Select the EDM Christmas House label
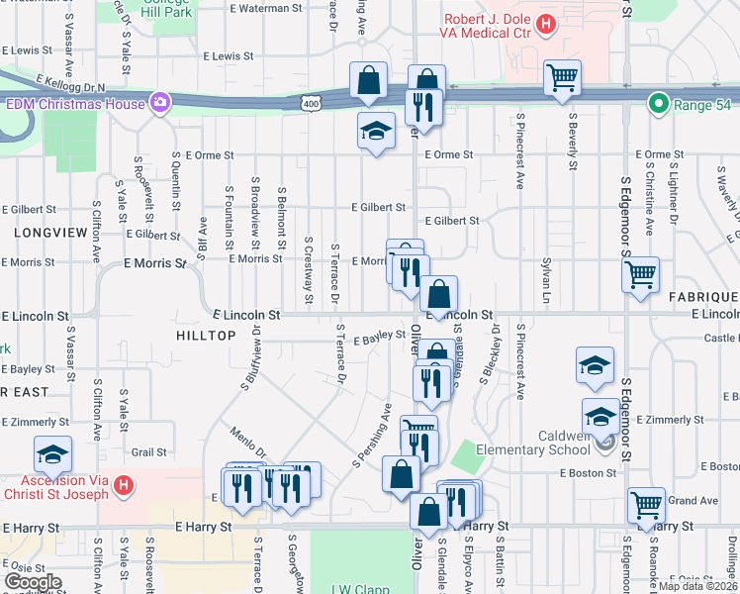click(x=74, y=103)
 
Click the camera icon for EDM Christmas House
click(x=159, y=103)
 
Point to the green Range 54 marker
click(x=655, y=103)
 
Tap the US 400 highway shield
click(x=312, y=103)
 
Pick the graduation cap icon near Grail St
click(x=52, y=454)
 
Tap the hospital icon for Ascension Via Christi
click(x=124, y=486)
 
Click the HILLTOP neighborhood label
click(x=206, y=336)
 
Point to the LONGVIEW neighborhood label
click(x=44, y=231)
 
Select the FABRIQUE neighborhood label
click(x=702, y=297)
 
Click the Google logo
click(x=33, y=582)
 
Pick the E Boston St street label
click(x=588, y=473)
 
